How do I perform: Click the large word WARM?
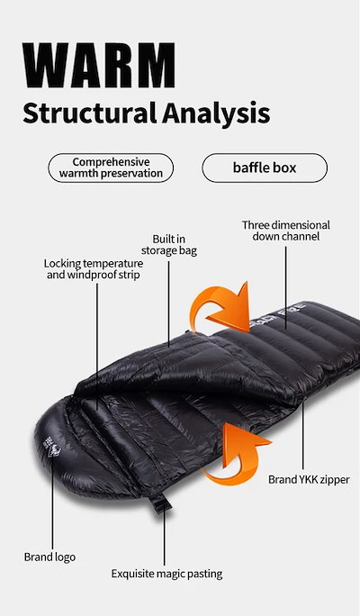click(98, 65)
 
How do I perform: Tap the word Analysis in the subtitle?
click(216, 114)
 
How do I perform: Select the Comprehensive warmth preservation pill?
click(111, 168)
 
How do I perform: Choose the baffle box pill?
click(265, 168)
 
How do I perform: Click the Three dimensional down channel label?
click(286, 231)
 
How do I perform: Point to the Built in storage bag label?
click(169, 245)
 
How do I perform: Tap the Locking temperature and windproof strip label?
click(94, 269)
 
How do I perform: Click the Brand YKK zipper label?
click(309, 480)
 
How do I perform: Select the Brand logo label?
click(49, 557)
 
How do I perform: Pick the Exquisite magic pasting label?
click(166, 574)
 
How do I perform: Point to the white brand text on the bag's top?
click(278, 315)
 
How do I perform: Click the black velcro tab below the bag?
click(160, 503)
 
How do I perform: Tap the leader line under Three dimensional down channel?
click(286, 287)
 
